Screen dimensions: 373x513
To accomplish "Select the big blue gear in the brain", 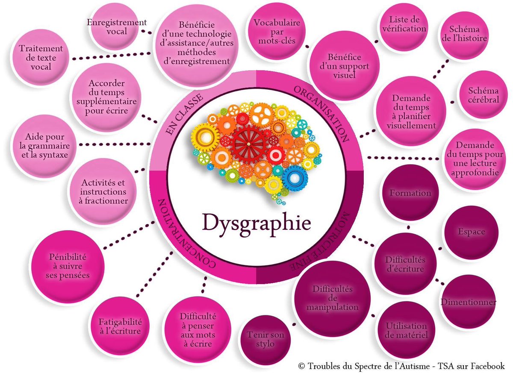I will pos(295,177).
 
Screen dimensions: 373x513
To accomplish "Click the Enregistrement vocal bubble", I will pos(116,27).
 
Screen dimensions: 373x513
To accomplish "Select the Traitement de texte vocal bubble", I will pos(41,58).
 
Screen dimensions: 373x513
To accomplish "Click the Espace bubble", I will pos(471,232).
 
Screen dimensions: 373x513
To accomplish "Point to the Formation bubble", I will pos(410,193).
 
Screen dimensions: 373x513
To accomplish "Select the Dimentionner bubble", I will pos(468,302).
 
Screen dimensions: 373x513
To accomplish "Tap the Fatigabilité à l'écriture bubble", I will pos(121,326).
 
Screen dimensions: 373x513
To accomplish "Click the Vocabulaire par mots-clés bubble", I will pos(276,32).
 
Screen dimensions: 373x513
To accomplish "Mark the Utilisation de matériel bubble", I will pos(406,330).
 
